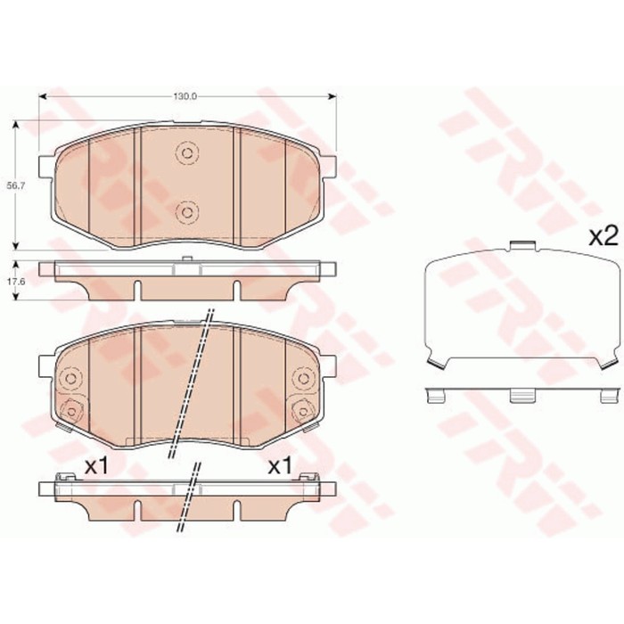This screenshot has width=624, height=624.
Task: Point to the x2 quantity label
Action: point(603,236)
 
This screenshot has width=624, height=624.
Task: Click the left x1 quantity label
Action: point(95,464)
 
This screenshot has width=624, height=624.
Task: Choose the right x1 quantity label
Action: point(280,464)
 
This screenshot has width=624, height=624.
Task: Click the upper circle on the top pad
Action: point(187,153)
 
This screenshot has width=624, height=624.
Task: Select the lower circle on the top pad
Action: point(187,211)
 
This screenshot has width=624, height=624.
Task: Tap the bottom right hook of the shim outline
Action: point(607,360)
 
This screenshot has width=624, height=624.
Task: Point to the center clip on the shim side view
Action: point(522,395)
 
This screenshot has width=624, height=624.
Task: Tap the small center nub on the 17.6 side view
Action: point(186,260)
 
